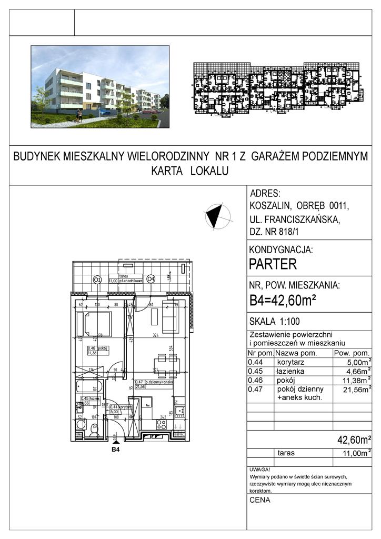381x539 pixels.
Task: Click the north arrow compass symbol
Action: (217, 216)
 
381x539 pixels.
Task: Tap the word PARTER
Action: (273, 264)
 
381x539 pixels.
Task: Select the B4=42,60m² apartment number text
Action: (282, 301)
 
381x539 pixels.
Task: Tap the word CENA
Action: (260, 500)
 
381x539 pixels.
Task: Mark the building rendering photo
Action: (100, 86)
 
